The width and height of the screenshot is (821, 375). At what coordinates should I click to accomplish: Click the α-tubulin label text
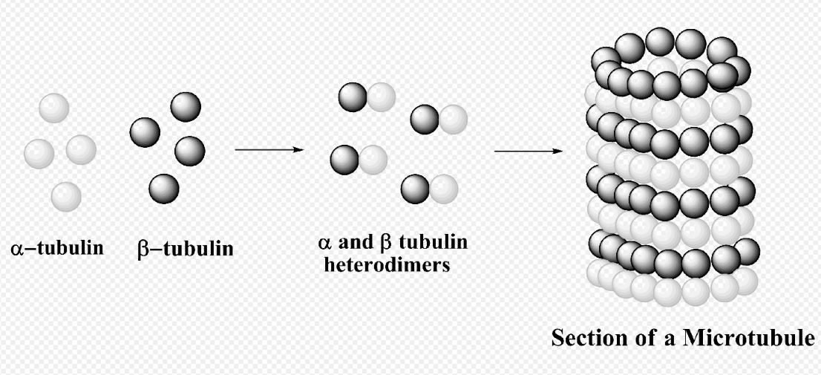click(57, 247)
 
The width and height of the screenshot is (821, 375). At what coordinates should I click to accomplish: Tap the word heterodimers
click(387, 264)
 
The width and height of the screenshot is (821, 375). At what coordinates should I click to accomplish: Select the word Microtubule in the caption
click(749, 337)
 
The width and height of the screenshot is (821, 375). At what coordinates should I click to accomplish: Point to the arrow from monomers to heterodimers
click(269, 150)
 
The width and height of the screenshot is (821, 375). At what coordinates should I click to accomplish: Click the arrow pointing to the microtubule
click(529, 151)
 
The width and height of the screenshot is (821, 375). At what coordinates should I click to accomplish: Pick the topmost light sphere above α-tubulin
click(54, 108)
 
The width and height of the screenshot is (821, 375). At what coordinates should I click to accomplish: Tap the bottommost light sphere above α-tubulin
click(66, 196)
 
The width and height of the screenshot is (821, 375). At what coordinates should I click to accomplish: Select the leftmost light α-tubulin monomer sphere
click(39, 154)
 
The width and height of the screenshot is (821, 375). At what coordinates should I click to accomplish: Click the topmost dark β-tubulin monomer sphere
click(186, 107)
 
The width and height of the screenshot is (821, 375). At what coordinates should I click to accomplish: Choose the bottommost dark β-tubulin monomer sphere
click(164, 189)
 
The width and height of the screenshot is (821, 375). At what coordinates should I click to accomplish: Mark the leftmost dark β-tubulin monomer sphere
click(145, 132)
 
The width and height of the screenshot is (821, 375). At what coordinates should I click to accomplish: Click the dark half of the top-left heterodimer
click(353, 97)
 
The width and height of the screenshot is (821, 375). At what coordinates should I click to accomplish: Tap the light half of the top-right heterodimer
click(452, 120)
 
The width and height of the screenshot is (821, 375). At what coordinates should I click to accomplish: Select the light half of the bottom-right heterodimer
click(443, 189)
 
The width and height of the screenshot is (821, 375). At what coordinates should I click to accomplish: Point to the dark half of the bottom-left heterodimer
click(344, 160)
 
